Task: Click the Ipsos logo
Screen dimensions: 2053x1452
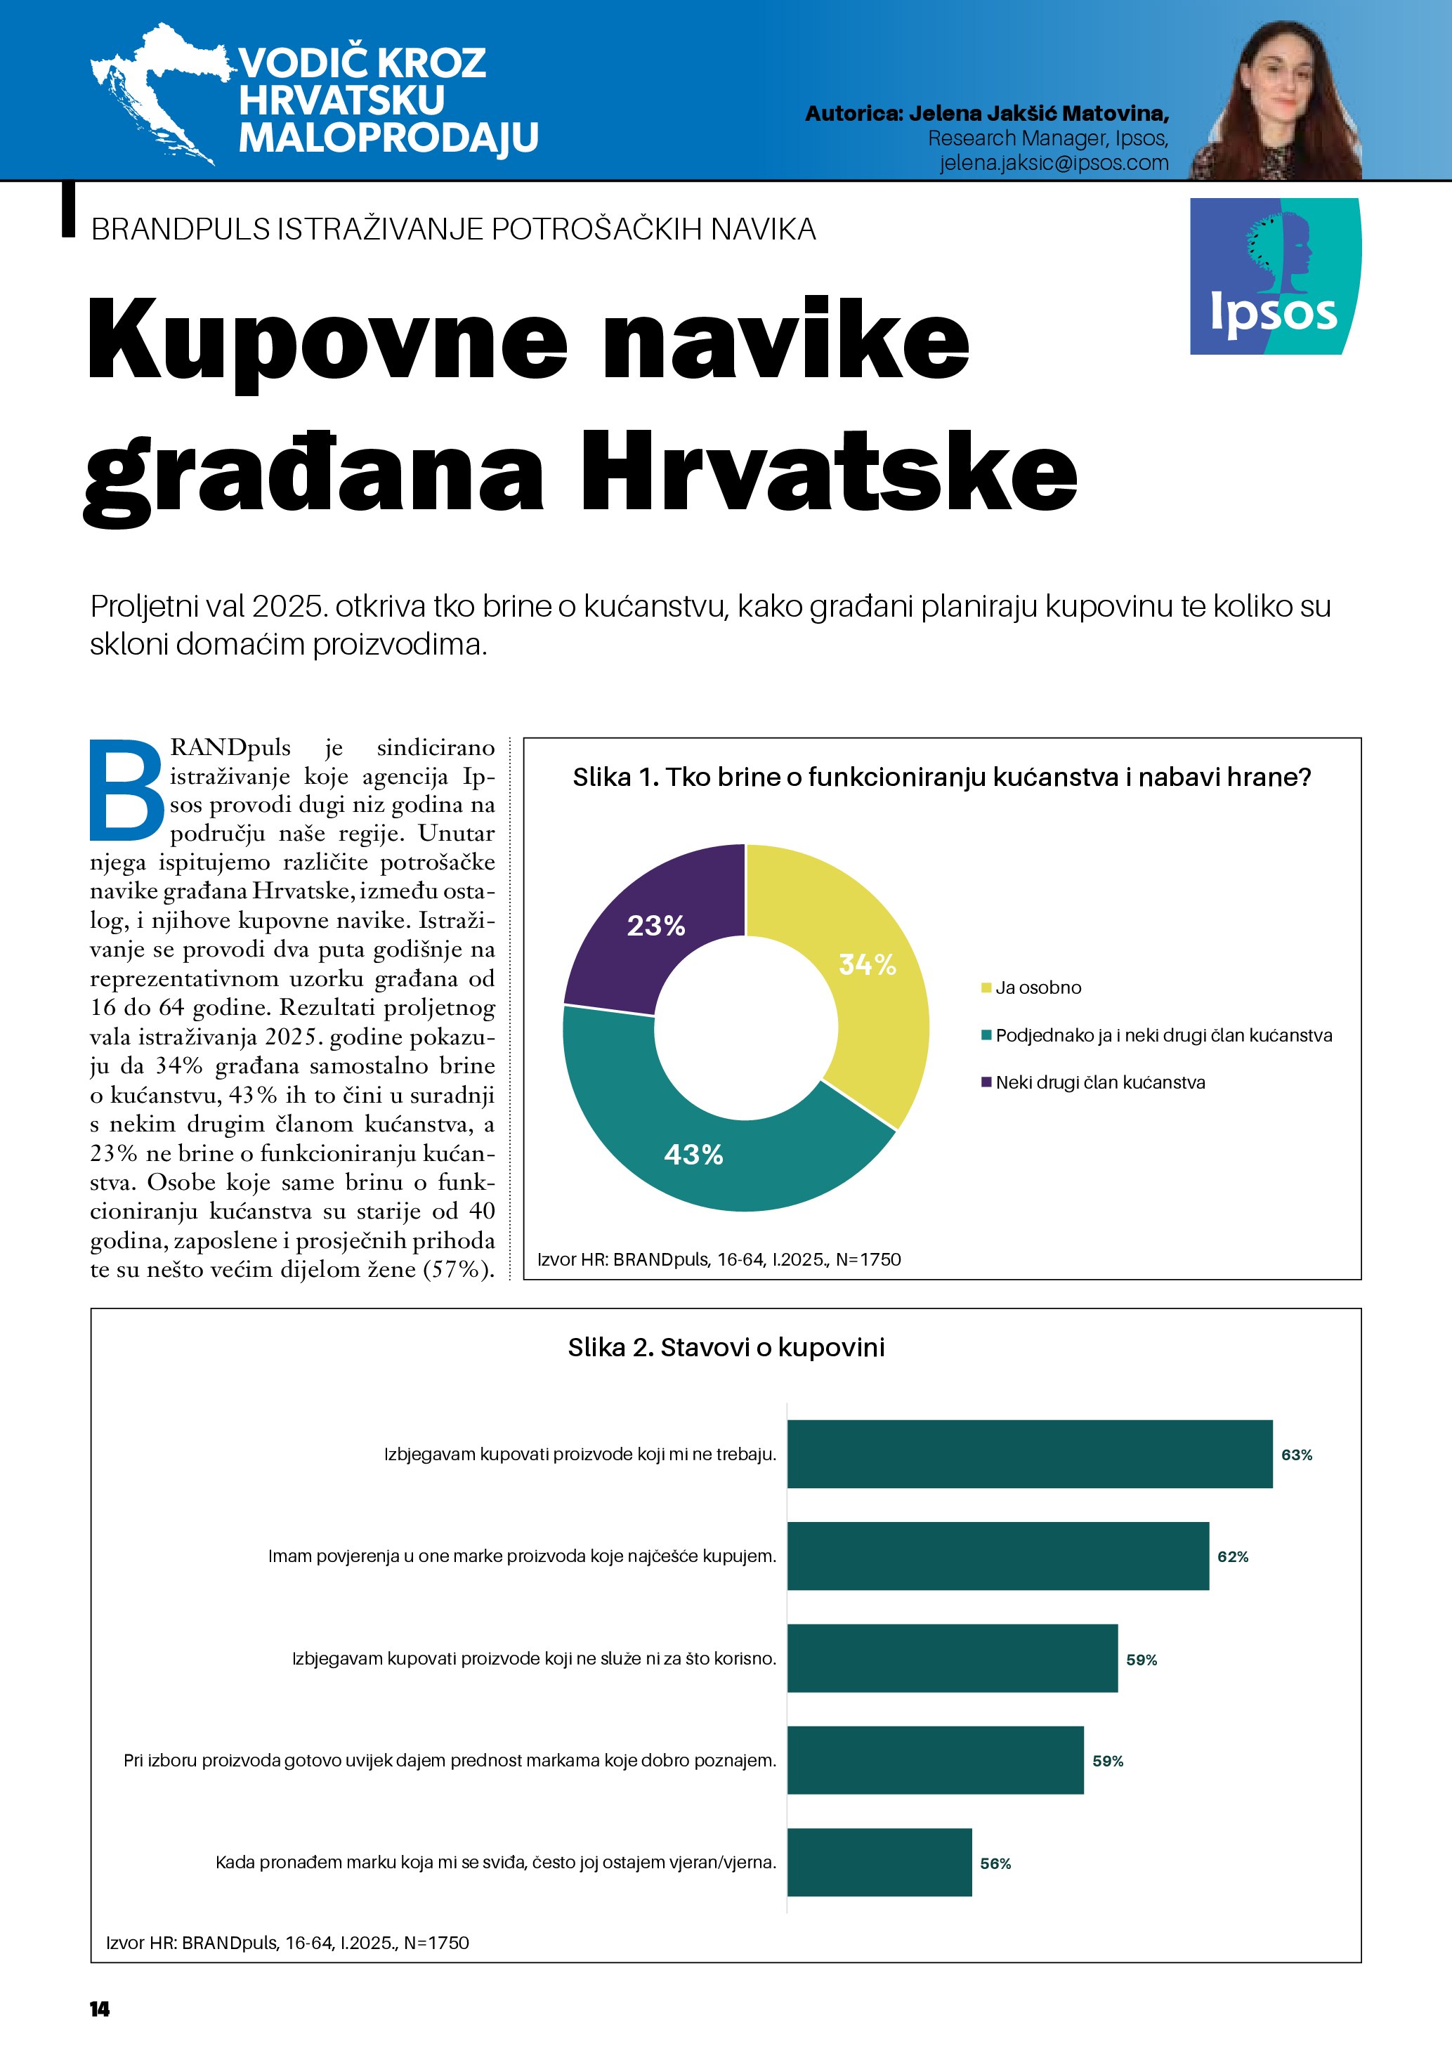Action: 1275,276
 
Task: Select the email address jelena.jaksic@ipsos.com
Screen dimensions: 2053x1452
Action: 1053,163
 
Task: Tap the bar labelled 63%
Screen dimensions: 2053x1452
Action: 1029,1454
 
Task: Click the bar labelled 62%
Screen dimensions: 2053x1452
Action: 998,1556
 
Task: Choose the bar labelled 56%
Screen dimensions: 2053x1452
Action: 879,1863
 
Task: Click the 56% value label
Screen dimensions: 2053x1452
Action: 995,1863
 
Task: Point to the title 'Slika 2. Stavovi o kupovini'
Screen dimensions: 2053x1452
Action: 726,1348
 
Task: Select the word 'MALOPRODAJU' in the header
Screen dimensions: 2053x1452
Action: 388,138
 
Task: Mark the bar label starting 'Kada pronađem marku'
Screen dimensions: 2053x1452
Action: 495,1863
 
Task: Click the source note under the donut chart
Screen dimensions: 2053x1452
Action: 719,1260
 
